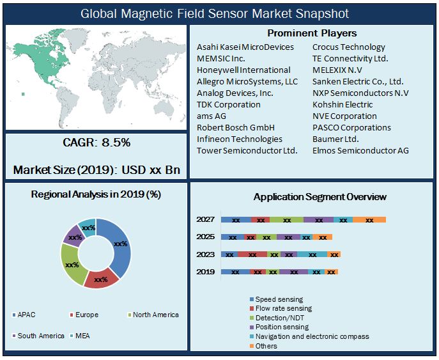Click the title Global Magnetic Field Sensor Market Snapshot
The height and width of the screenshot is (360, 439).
(219, 13)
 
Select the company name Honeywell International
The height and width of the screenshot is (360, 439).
(243, 70)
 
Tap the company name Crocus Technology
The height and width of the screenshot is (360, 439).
(348, 47)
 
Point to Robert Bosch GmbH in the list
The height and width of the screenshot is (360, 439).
(235, 127)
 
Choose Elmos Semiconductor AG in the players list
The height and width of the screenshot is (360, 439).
(360, 150)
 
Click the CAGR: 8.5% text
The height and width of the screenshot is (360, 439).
(96, 143)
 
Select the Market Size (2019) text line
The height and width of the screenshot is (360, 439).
(96, 170)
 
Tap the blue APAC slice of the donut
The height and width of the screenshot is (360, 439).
(119, 243)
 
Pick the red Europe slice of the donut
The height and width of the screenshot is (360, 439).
(101, 278)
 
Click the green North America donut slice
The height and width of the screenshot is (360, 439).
(72, 263)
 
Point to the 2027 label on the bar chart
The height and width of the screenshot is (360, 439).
(206, 219)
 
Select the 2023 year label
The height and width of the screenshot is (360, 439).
(206, 254)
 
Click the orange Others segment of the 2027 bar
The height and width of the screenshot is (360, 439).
(369, 220)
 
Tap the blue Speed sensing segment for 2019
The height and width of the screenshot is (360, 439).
(235, 272)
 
